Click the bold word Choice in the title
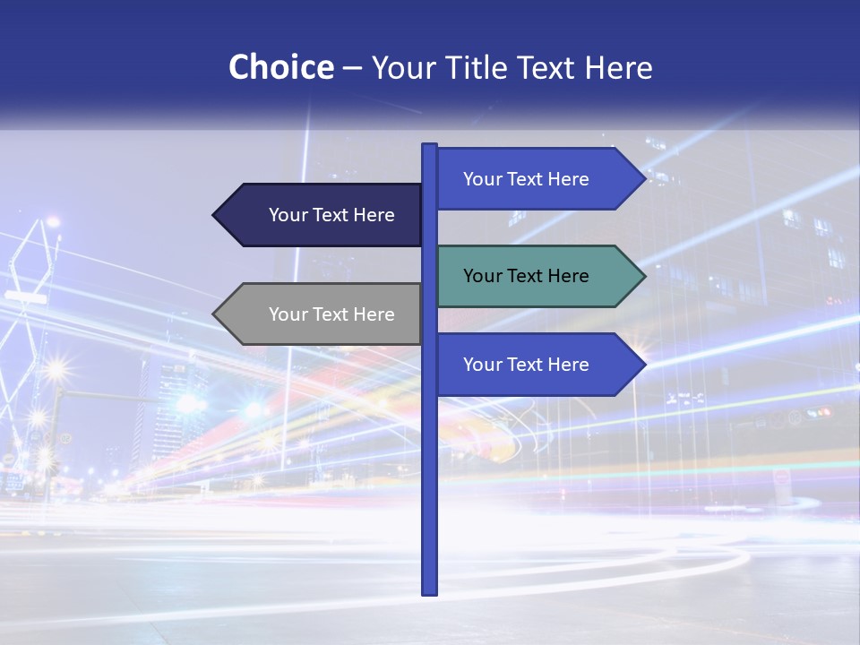[280, 68]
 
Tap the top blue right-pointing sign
[529, 179]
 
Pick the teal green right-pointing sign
[529, 276]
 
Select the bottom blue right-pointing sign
[529, 365]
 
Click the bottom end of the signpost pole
[429, 590]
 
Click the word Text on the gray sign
[331, 314]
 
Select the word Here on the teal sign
[568, 276]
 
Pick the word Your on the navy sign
[288, 215]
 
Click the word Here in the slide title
[618, 68]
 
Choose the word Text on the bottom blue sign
[526, 365]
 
